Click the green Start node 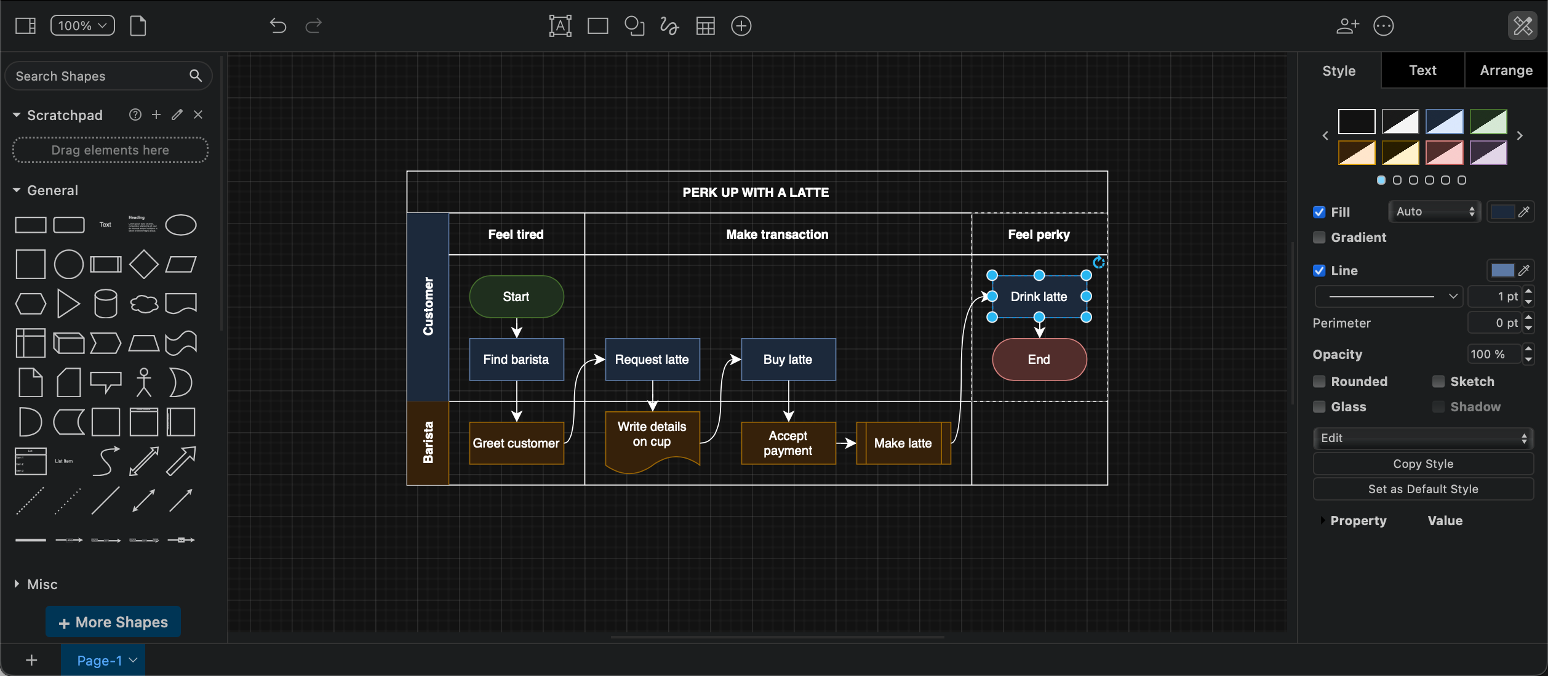[x=516, y=297]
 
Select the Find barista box [x=516, y=360]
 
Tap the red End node [x=1039, y=360]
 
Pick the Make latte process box [x=903, y=443]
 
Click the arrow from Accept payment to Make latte [x=846, y=443]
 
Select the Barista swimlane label [x=428, y=443]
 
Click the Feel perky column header [x=1039, y=235]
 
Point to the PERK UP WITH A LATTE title [x=756, y=193]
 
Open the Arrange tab [x=1506, y=71]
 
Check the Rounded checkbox [x=1319, y=382]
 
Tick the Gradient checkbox [x=1319, y=238]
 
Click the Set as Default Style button [x=1422, y=489]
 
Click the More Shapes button [x=113, y=622]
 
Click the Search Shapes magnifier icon [x=196, y=76]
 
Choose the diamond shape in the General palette [x=144, y=264]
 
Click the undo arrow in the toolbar [x=278, y=26]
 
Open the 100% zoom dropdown [x=82, y=26]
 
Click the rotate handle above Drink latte [x=1098, y=263]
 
